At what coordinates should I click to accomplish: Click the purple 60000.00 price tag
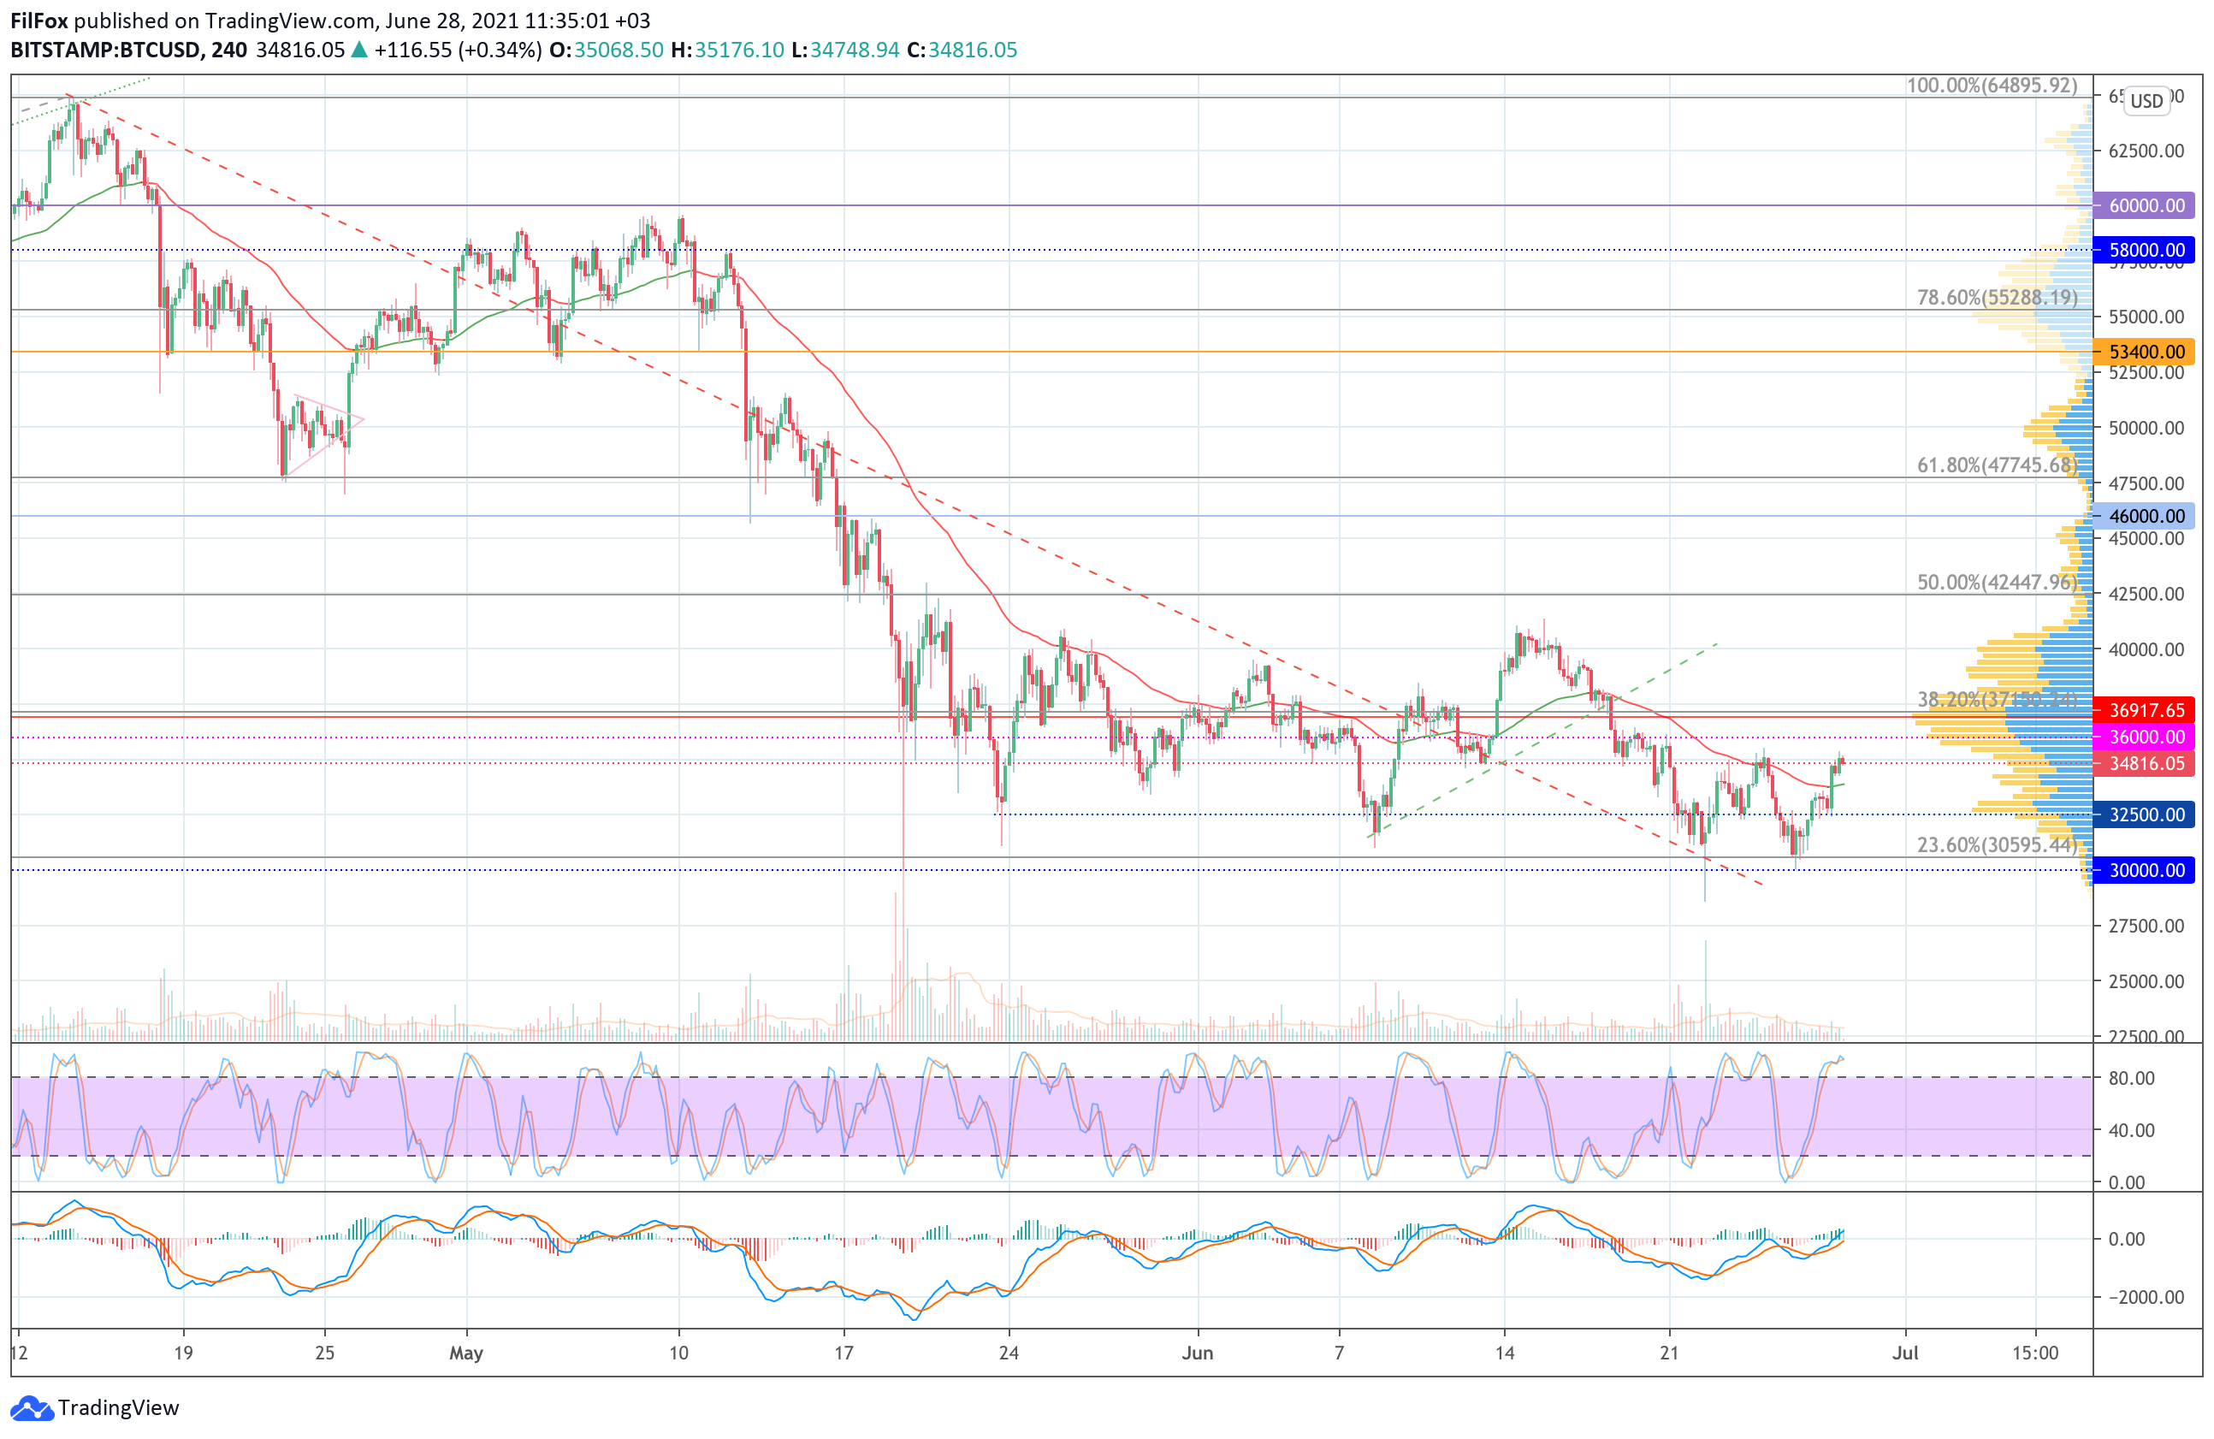click(2144, 205)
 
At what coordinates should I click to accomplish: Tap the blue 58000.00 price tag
click(2144, 249)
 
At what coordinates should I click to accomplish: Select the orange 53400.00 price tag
click(2144, 352)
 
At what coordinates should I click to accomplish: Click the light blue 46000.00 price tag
click(2144, 516)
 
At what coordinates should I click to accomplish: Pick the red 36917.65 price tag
click(2144, 711)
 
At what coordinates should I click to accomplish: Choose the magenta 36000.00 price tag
click(2144, 737)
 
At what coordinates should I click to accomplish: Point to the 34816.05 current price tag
click(2144, 764)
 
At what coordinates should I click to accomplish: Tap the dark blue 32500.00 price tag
click(2144, 814)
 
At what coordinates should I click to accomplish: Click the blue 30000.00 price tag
click(2144, 871)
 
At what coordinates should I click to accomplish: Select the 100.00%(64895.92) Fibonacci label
click(1992, 86)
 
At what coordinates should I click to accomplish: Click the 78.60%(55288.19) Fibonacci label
click(1997, 298)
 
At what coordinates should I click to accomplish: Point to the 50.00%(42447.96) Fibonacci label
click(1997, 583)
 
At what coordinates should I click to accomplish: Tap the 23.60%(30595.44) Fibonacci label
click(1997, 844)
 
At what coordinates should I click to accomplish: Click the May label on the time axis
click(466, 1353)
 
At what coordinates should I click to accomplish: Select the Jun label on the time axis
click(1197, 1353)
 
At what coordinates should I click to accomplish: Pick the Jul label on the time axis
click(1905, 1353)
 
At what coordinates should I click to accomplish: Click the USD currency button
click(2147, 100)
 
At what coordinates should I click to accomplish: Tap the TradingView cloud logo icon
click(32, 1408)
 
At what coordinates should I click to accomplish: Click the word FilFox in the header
click(39, 21)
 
